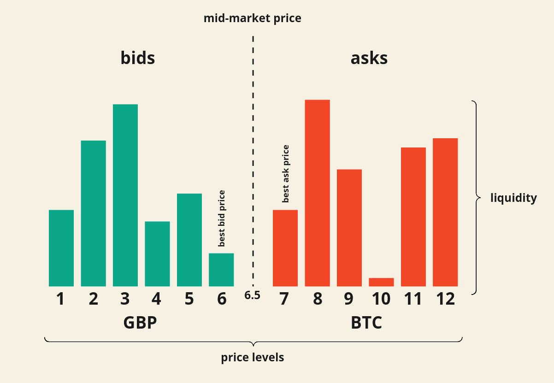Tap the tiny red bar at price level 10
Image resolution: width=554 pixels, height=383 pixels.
(381, 282)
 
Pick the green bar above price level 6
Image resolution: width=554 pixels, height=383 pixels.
(221, 270)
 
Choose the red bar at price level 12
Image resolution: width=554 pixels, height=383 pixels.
(445, 212)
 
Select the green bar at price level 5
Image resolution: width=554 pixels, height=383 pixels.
(189, 240)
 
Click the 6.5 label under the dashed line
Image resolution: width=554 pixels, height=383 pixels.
(253, 295)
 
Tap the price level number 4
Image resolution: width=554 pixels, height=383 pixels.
(157, 299)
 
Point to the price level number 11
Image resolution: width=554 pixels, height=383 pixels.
(413, 299)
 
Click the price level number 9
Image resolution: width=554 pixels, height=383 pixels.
(349, 299)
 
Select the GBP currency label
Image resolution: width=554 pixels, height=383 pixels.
(140, 323)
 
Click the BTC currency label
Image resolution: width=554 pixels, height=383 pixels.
(366, 323)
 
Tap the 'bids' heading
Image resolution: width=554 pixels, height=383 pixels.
(137, 58)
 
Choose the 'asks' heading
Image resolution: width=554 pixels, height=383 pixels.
(369, 58)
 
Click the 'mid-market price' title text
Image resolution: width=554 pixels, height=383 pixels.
(253, 18)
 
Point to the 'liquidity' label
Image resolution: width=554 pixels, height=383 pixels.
(514, 198)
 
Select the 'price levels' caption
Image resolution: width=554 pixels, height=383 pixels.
(253, 357)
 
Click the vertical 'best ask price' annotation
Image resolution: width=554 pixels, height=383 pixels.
(286, 174)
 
